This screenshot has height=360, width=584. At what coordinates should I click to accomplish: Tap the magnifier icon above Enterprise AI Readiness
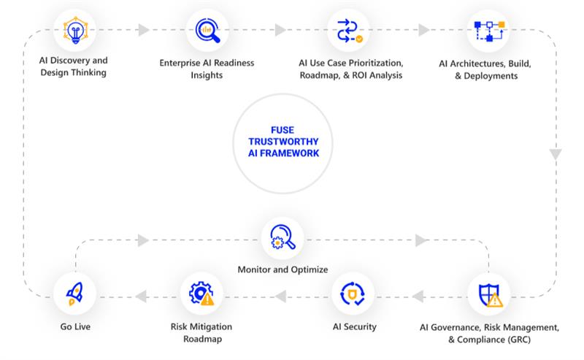(x=207, y=31)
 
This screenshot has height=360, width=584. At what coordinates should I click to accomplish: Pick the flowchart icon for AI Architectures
(x=488, y=31)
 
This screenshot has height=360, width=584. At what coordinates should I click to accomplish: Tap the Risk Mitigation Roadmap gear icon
(x=201, y=295)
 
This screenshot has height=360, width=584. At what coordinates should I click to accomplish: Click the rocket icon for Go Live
(x=74, y=295)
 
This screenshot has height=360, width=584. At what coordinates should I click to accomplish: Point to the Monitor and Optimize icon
(x=283, y=238)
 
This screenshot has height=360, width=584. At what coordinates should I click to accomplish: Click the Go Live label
(x=74, y=327)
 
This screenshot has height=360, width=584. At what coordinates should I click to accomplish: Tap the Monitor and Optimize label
(x=283, y=269)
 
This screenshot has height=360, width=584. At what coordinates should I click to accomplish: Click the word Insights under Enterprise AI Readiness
(x=207, y=75)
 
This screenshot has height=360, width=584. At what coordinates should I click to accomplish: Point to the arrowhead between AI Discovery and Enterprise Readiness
(x=143, y=31)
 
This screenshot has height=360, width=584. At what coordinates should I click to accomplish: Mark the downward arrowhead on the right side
(x=556, y=155)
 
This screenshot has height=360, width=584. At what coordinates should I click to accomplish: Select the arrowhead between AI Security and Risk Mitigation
(x=280, y=296)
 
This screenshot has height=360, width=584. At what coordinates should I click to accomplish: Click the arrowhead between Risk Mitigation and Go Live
(x=140, y=296)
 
